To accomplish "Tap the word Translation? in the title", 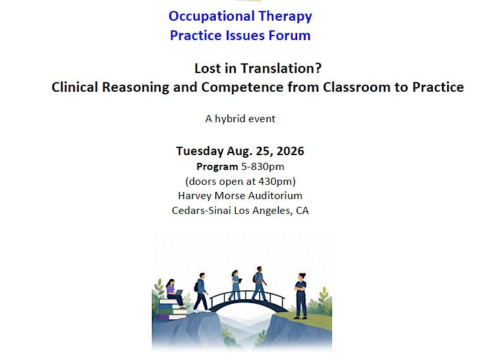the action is point(281,69).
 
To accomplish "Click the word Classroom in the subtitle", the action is point(357,87).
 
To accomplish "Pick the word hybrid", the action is point(230,119).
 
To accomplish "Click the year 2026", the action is point(290,151).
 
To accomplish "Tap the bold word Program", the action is point(217,167).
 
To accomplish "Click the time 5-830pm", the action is point(262,167).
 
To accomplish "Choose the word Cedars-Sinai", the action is point(202,210).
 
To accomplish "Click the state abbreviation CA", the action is point(302,210).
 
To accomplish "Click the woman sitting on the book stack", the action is point(174,293).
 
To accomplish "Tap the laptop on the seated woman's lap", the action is point(178,293).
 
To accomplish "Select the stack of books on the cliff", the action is point(172,309).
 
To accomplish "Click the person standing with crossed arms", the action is point(300,296).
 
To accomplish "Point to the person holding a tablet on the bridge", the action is point(236,285).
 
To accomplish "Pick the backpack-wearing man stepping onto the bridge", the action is point(201,292).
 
